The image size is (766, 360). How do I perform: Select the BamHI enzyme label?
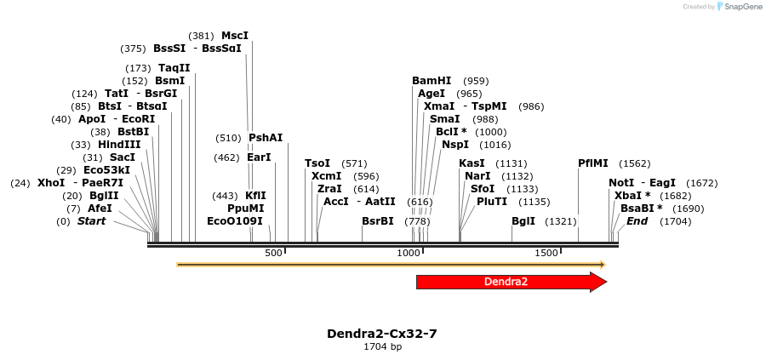coord(432,81)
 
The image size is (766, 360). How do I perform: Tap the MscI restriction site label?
coord(235,36)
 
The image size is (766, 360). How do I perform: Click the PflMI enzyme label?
coord(593,163)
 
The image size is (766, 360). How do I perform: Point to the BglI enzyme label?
coord(523,221)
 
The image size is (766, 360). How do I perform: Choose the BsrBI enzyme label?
coord(378,221)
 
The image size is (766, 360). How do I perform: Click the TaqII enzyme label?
coord(174,68)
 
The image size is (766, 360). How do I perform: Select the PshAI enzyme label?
coord(266,138)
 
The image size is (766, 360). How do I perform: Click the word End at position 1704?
coord(637,221)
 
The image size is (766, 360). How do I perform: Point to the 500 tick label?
coord(274,254)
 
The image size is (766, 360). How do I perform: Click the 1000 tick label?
coord(409,254)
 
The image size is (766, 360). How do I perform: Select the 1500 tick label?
coord(546,254)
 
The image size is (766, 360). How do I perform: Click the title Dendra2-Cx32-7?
coord(382,334)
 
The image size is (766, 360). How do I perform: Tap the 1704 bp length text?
coord(382,347)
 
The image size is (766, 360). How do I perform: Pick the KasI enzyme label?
coord(472,163)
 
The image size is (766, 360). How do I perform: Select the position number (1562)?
coord(635,163)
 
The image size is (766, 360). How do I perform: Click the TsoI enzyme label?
coord(317,163)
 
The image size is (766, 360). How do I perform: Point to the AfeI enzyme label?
coord(100,209)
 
